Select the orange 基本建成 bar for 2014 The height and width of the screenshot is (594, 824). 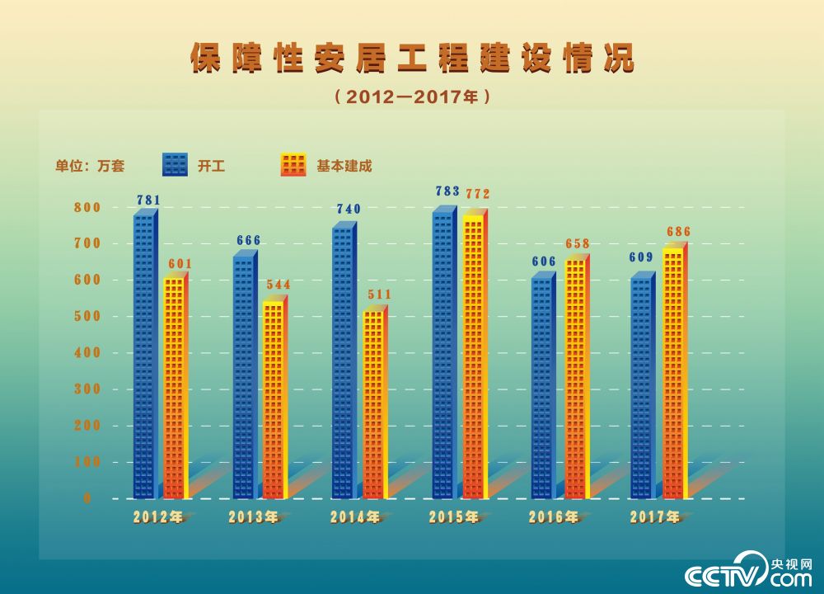pyautogui.click(x=373, y=404)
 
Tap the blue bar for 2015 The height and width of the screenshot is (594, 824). pyautogui.click(x=442, y=355)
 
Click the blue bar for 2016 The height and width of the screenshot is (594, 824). pyautogui.click(x=542, y=388)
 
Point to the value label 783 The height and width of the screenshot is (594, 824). pyautogui.click(x=447, y=191)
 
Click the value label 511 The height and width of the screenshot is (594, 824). pyautogui.click(x=379, y=295)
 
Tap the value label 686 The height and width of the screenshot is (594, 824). pyautogui.click(x=678, y=232)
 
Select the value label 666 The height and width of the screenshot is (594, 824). pyautogui.click(x=248, y=241)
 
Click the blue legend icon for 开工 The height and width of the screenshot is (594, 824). pyautogui.click(x=175, y=165)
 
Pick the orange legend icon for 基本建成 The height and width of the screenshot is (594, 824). pyautogui.click(x=293, y=165)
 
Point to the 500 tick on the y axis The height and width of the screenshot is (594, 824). pyautogui.click(x=87, y=316)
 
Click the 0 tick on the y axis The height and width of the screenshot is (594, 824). pyautogui.click(x=87, y=498)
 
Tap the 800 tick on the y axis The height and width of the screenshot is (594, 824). pyautogui.click(x=87, y=207)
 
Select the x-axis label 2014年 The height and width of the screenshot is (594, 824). pyautogui.click(x=355, y=518)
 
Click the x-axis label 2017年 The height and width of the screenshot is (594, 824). pyautogui.click(x=655, y=518)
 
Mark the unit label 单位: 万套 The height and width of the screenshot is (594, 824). pyautogui.click(x=90, y=166)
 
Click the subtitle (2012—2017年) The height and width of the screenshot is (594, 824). pyautogui.click(x=413, y=97)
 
